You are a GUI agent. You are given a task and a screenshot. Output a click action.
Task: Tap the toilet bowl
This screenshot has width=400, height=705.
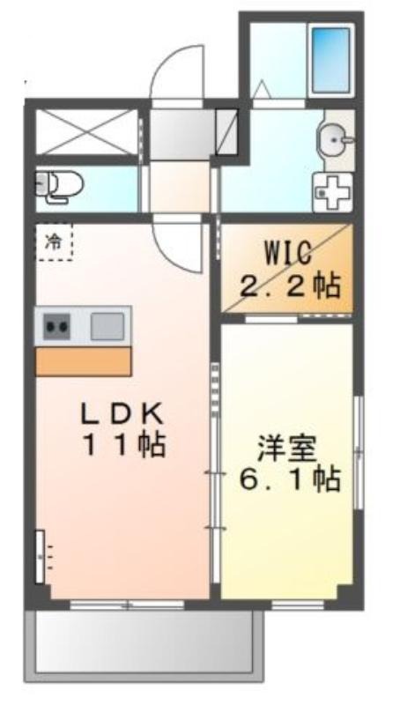coord(60,186)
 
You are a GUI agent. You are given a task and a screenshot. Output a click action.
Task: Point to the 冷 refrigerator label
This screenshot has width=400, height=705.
coord(54,243)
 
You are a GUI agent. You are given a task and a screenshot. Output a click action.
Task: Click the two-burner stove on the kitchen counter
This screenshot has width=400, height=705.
coord(56,326)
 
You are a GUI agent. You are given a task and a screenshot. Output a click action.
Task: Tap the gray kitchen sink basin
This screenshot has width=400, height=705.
coord(107,326)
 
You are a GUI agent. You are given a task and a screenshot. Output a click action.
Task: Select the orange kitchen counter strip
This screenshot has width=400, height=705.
coord(84,361)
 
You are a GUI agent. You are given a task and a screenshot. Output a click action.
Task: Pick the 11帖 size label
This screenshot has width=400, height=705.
coord(124,446)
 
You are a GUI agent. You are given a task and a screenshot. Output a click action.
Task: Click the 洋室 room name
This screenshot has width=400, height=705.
coord(286,450)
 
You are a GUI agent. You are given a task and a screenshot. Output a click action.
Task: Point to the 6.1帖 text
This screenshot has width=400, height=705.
coord(289,481)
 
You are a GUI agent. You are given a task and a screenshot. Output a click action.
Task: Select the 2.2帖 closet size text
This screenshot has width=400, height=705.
coord(290,286)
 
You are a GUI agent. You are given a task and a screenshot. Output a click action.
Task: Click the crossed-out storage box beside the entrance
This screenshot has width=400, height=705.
coord(87,132)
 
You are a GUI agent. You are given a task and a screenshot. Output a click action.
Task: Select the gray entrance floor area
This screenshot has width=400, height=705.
coord(181,134)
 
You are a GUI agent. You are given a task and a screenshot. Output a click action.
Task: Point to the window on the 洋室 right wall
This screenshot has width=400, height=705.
coord(359,452)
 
